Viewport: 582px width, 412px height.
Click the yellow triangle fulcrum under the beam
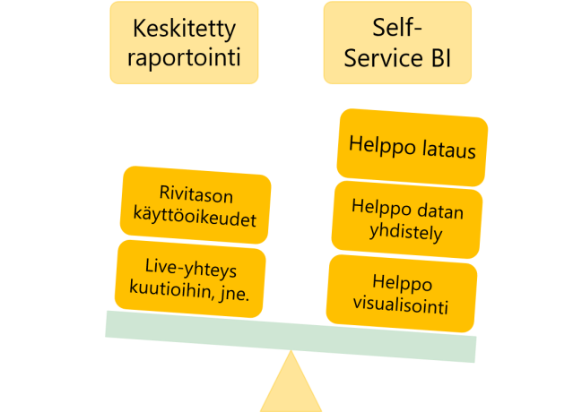point(291,387)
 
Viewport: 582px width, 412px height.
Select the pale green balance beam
point(291,336)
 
